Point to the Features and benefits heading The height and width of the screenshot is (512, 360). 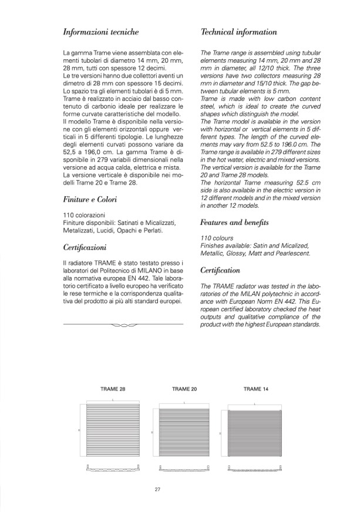click(x=234, y=223)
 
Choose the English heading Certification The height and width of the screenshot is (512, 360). click(x=220, y=270)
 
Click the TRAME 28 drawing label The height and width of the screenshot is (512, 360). click(x=112, y=389)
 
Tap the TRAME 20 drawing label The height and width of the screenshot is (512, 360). click(x=184, y=389)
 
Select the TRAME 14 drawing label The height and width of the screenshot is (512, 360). click(x=256, y=389)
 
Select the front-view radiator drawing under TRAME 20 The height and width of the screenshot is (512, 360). click(x=184, y=434)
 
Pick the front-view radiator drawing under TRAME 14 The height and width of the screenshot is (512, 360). click(x=257, y=434)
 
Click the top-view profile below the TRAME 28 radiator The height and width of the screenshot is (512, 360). click(x=113, y=469)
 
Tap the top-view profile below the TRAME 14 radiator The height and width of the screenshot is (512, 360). click(x=257, y=469)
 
